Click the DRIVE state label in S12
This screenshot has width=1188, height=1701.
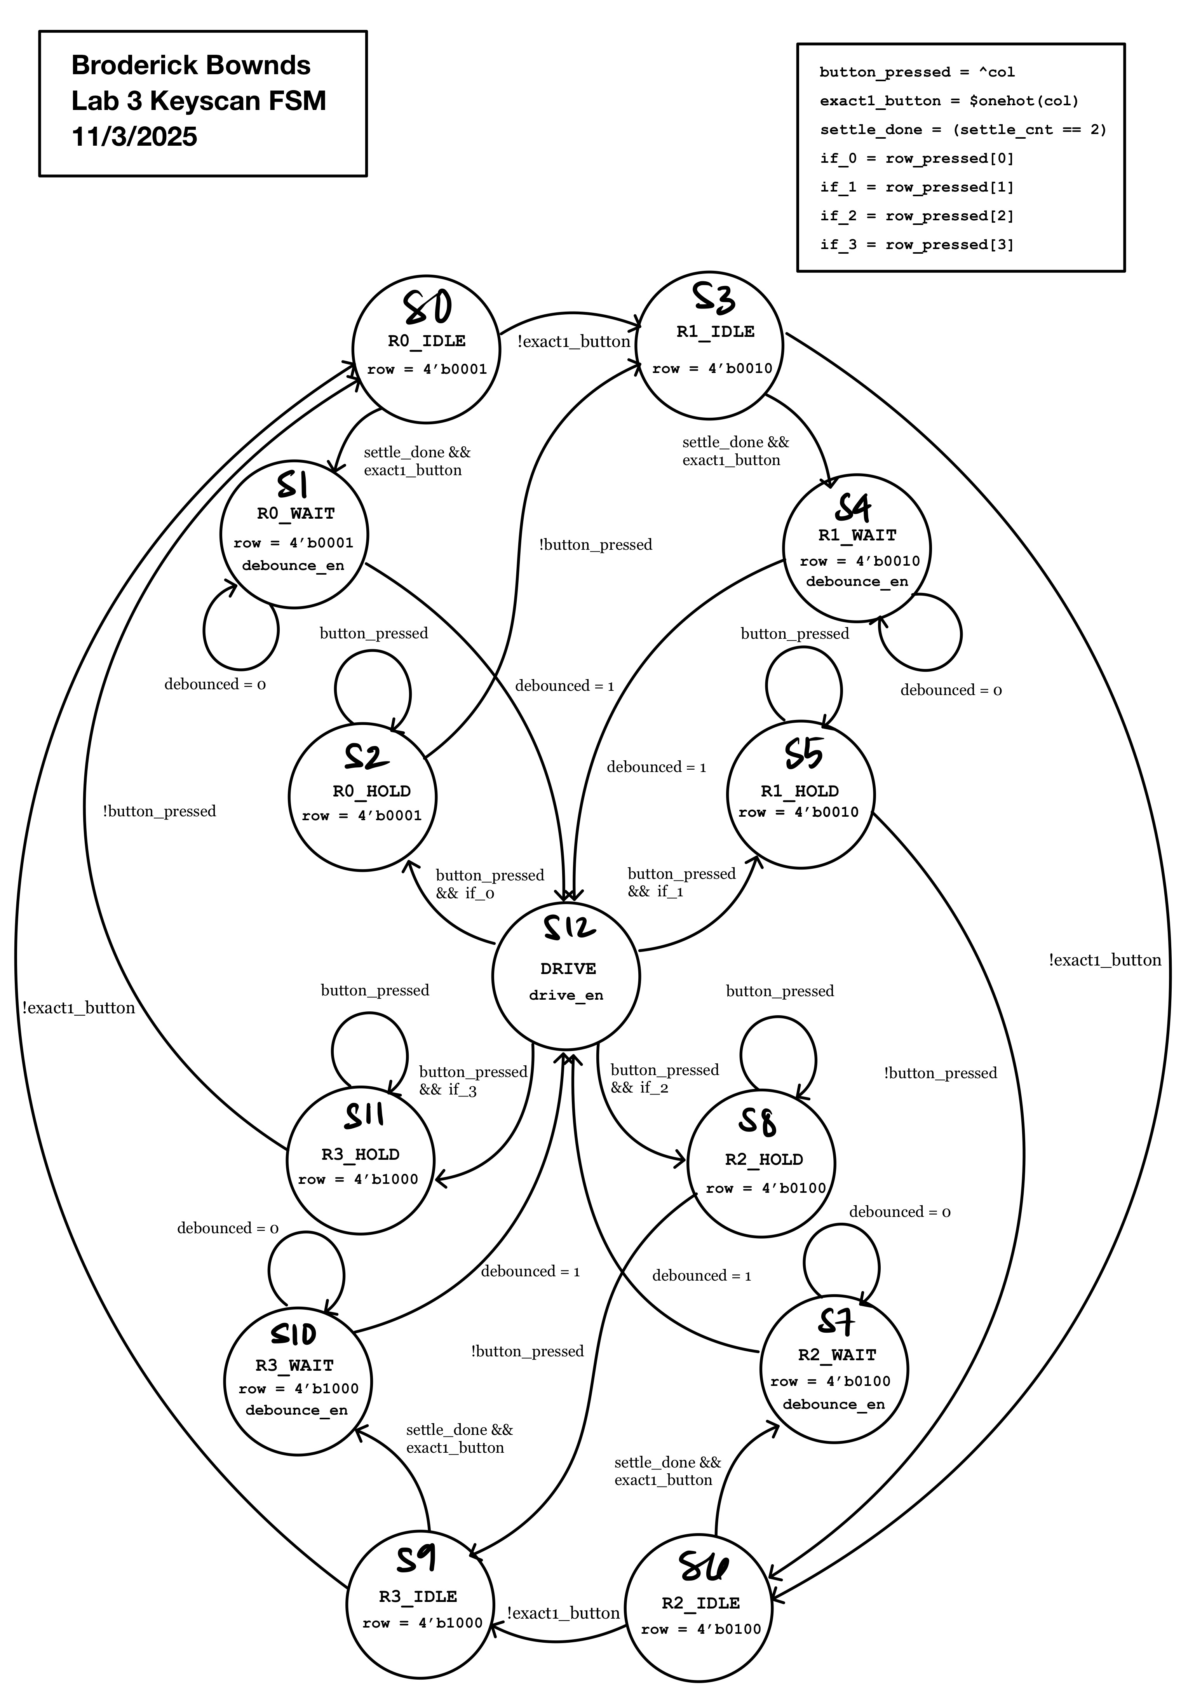567,968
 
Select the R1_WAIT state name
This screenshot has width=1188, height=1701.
857,535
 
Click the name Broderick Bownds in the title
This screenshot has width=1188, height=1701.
191,65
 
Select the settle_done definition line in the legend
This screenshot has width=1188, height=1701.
962,130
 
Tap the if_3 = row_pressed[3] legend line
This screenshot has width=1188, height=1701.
916,244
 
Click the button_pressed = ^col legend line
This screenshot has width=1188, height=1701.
916,72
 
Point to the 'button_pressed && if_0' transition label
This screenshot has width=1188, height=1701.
489,884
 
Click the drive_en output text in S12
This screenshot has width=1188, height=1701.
566,995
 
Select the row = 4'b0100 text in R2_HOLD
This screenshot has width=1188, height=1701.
765,1188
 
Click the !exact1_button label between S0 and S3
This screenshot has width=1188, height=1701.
573,342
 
